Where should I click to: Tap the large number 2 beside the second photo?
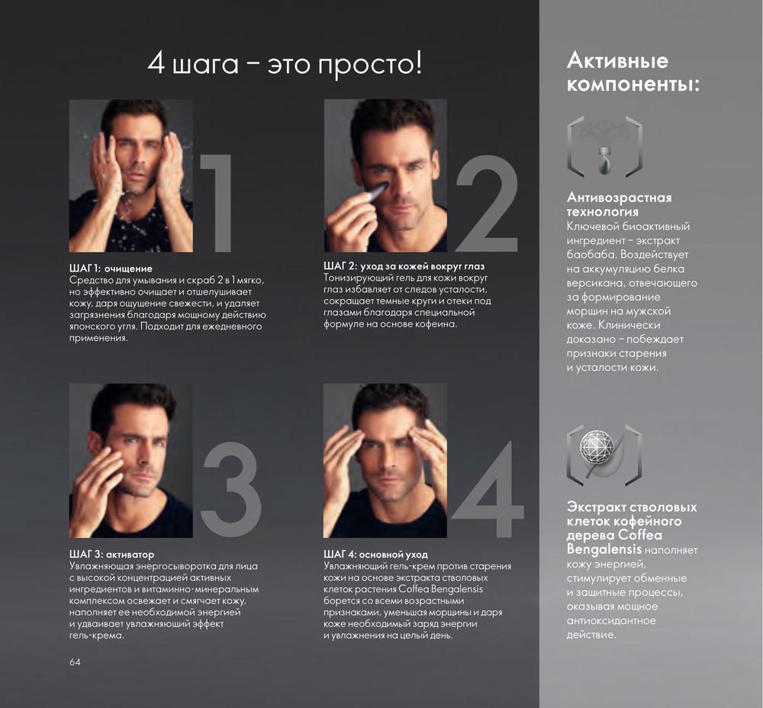point(487,204)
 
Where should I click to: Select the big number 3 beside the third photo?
point(231,490)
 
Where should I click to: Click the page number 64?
point(75,661)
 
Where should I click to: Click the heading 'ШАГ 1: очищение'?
point(111,269)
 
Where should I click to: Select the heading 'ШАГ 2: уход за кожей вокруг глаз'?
point(404,266)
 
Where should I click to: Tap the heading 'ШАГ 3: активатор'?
point(112,554)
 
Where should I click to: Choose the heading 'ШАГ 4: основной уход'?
point(375,554)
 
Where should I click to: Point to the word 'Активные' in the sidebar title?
point(617,61)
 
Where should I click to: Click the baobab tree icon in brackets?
point(605,147)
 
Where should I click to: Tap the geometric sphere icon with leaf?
point(605,455)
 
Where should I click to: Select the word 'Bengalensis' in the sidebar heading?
point(604,549)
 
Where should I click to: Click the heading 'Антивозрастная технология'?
point(619,204)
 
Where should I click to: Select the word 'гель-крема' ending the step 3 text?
point(97,636)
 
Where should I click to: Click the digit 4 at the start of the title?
point(156,64)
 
